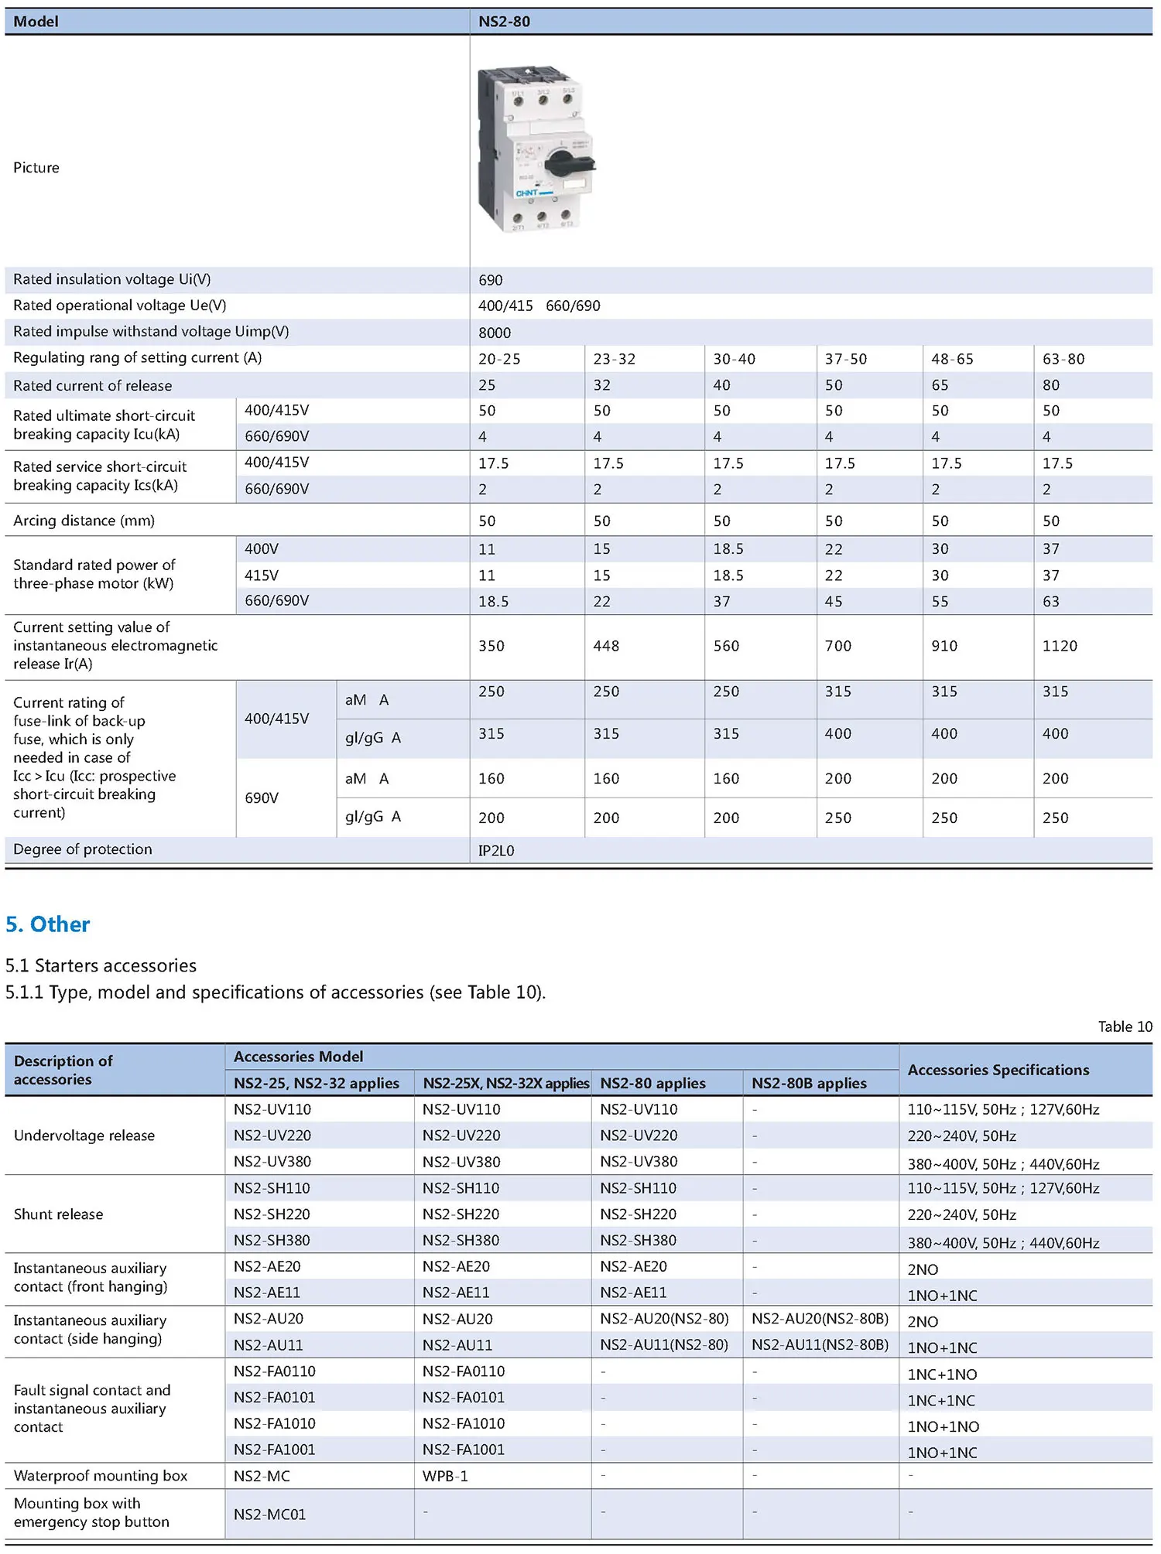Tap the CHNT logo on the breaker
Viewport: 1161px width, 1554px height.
click(527, 193)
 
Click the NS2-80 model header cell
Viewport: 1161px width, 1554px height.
click(504, 22)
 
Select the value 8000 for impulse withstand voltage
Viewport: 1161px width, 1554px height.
click(495, 333)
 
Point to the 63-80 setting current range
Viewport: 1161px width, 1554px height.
click(1063, 359)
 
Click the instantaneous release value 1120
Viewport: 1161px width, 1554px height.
click(1060, 646)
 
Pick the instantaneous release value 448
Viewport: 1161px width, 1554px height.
click(606, 646)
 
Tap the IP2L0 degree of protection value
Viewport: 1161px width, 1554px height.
click(496, 851)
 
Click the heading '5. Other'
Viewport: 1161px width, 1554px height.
click(48, 924)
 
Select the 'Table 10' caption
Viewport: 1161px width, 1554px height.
click(1125, 1026)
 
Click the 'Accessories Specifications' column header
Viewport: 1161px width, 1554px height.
click(998, 1070)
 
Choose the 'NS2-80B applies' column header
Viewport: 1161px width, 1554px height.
click(809, 1083)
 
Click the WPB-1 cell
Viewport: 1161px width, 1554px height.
click(445, 1476)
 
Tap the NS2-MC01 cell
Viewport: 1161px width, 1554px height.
click(270, 1514)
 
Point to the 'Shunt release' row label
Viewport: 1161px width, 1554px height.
click(59, 1214)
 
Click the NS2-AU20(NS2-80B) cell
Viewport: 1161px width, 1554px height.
click(820, 1318)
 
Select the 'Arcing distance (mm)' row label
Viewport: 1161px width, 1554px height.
click(84, 521)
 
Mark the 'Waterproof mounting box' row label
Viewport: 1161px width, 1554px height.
click(101, 1476)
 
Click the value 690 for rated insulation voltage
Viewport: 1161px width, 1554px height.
click(491, 280)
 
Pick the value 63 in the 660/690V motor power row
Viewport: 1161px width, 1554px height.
click(1051, 602)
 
